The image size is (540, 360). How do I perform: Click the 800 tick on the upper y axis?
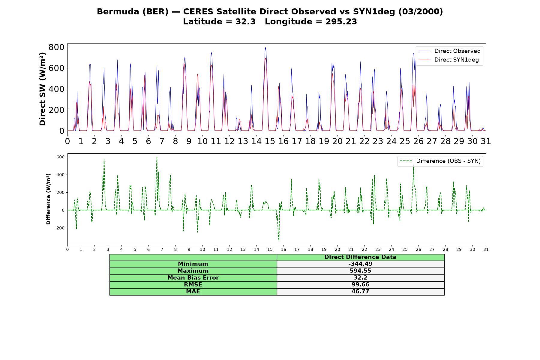[x=56, y=47]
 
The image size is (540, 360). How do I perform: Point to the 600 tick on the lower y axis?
[x=60, y=157]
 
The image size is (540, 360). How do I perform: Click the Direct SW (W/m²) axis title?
[x=43, y=89]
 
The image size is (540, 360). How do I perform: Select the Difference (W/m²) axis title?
[x=48, y=199]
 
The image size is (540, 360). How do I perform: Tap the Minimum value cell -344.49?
[x=360, y=264]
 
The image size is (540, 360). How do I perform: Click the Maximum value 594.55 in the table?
[x=360, y=271]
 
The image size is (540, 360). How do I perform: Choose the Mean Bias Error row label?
[x=193, y=278]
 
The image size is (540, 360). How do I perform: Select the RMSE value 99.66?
[x=360, y=285]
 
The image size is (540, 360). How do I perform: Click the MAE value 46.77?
[x=360, y=292]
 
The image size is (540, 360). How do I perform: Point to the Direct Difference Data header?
[x=360, y=257]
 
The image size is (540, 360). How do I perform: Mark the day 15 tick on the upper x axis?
[x=270, y=141]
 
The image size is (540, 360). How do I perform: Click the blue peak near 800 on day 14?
[x=265, y=47]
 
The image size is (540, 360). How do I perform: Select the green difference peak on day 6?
[x=157, y=157]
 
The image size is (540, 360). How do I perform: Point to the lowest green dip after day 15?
[x=279, y=240]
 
